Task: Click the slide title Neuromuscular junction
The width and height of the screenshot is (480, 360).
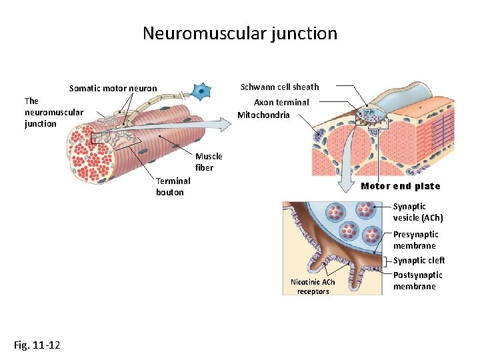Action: [x=240, y=33]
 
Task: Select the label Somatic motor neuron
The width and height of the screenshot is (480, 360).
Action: [x=113, y=89]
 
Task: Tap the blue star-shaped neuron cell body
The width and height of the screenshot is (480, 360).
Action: [x=201, y=91]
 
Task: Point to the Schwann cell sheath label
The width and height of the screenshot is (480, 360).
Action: [x=279, y=87]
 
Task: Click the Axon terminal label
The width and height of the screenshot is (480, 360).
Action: [x=281, y=102]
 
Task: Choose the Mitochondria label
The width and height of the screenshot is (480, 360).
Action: [x=263, y=115]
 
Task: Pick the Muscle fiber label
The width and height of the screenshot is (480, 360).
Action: [x=209, y=162]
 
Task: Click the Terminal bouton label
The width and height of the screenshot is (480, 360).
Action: [x=173, y=187]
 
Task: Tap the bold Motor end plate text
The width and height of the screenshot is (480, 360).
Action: [x=400, y=186]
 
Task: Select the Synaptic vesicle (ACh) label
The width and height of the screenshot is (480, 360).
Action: [x=417, y=212]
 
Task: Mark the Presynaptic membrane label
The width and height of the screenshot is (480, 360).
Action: [x=415, y=240]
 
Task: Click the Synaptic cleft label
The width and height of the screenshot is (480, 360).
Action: [x=419, y=261]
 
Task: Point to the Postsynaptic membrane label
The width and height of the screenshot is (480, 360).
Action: [x=417, y=281]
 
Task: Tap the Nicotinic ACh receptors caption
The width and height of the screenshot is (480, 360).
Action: [x=313, y=287]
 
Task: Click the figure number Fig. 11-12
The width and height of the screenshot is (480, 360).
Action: [x=37, y=345]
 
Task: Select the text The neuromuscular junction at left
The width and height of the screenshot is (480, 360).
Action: [x=53, y=112]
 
